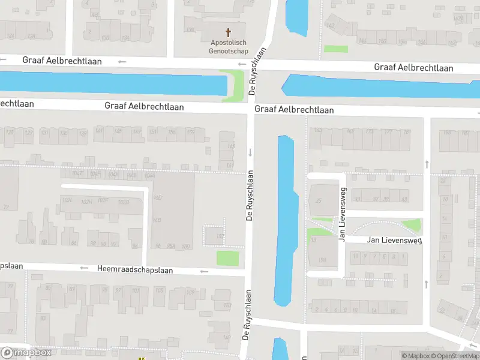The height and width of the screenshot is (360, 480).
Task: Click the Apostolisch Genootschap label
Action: (x=228, y=46)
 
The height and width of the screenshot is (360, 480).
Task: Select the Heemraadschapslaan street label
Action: (x=134, y=270)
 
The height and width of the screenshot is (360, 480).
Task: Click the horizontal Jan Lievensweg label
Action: (x=386, y=240)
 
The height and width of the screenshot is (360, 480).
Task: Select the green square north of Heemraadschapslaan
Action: (x=227, y=259)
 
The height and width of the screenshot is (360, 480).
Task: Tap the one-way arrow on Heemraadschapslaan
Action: (x=204, y=272)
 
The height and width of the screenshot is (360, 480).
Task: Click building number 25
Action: (x=319, y=200)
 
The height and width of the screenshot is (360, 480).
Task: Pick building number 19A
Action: (x=322, y=260)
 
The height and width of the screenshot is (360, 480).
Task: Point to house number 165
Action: (x=232, y=146)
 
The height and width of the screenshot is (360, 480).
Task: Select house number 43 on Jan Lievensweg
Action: (x=404, y=199)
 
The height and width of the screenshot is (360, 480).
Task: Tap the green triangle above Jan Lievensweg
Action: (x=412, y=226)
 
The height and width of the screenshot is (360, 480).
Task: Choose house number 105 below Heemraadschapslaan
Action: (x=158, y=290)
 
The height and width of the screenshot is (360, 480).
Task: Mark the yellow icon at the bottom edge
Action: (x=142, y=358)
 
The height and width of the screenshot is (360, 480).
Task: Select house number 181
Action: (x=407, y=131)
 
